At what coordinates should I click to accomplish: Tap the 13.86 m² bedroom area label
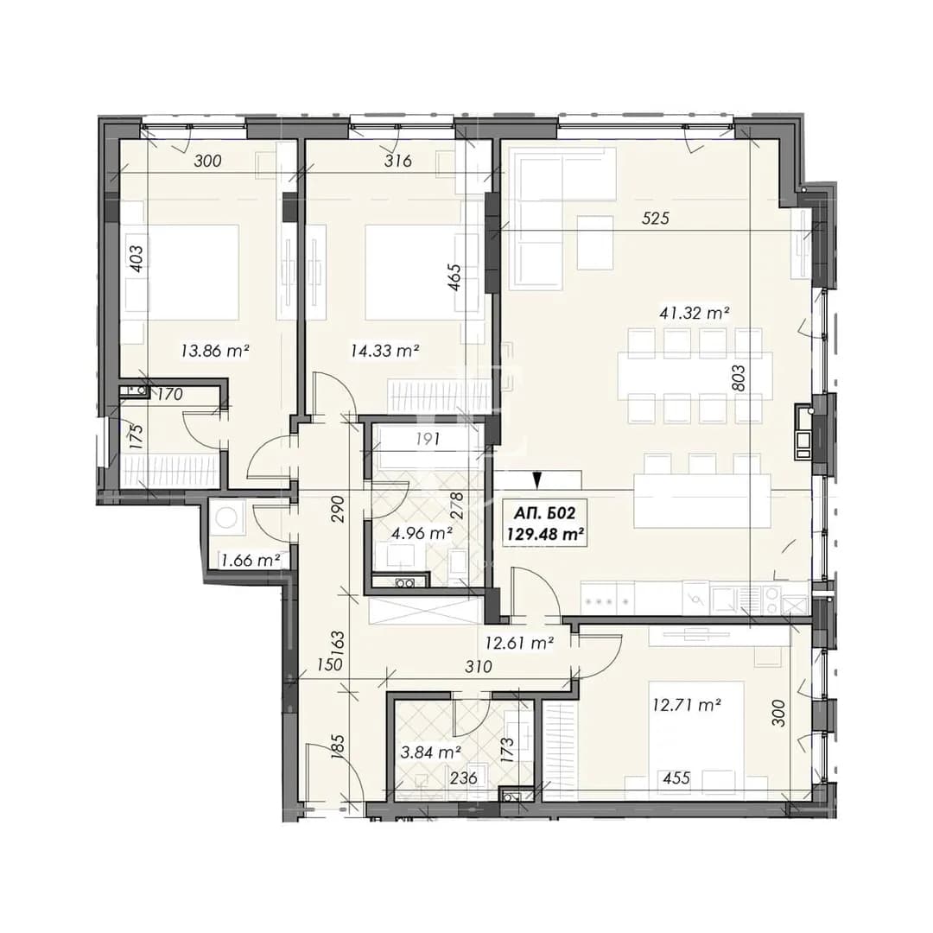click(x=215, y=351)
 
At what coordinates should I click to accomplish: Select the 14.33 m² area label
click(x=385, y=351)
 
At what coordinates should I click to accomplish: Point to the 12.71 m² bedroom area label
click(x=688, y=706)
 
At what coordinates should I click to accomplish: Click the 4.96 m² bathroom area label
click(x=422, y=533)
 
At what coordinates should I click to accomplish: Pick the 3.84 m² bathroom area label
click(x=431, y=752)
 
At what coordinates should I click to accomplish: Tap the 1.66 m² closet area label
click(x=251, y=560)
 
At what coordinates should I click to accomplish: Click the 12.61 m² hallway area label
click(x=520, y=643)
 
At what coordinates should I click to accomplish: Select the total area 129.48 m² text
click(x=544, y=535)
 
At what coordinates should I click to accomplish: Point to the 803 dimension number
click(x=738, y=378)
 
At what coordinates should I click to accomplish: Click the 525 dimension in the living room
click(x=656, y=219)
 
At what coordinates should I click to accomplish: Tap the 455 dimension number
click(x=676, y=777)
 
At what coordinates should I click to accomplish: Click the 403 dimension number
click(x=136, y=259)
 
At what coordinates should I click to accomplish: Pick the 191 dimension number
click(x=428, y=439)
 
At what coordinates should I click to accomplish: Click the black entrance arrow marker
click(x=537, y=479)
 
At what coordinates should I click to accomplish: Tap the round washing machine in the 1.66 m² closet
click(x=225, y=517)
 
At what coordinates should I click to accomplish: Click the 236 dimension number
click(x=464, y=777)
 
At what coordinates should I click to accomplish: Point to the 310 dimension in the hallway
click(x=479, y=667)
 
